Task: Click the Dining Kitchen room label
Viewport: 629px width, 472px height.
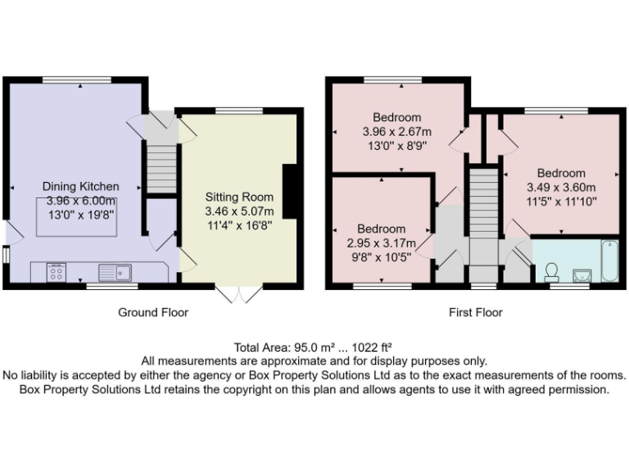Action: tap(80, 186)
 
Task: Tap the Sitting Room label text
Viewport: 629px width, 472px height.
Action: tap(240, 197)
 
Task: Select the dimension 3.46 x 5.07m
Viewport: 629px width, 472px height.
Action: tap(240, 211)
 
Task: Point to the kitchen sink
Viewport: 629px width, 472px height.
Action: tap(115, 271)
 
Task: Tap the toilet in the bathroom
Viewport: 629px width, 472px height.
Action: tap(551, 270)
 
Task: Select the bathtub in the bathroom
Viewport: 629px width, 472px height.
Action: tap(609, 260)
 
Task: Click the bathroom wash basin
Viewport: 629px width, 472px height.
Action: tap(581, 273)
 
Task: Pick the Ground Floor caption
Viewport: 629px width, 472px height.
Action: tap(153, 312)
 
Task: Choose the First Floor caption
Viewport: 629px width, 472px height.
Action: tap(475, 312)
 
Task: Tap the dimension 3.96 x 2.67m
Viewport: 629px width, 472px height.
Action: tap(397, 131)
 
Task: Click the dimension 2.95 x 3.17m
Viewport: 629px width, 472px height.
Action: tap(381, 243)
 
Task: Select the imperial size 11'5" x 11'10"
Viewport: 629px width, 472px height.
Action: tap(561, 200)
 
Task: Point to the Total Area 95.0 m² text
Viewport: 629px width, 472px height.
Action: tap(283, 347)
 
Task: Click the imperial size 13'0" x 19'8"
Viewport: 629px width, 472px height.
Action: tap(80, 213)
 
